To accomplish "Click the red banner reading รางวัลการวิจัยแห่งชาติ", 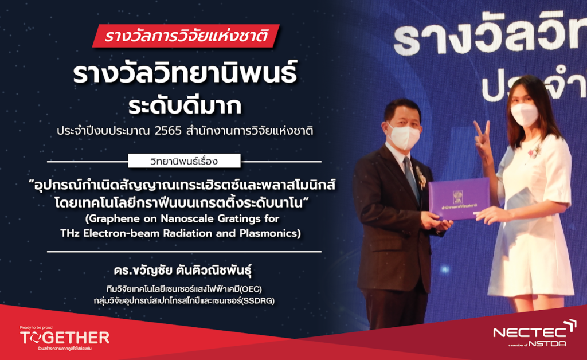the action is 186,36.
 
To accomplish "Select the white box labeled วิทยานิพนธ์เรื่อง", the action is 184,161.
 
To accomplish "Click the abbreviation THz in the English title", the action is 70,233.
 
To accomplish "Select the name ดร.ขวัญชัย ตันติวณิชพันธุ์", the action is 183,270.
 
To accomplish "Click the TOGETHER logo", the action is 65,338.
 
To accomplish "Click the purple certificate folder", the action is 459,198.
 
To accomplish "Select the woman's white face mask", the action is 524,114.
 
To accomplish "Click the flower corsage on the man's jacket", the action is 421,178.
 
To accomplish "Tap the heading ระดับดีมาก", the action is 185,106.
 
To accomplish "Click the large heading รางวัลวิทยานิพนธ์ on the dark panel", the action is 185,73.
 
